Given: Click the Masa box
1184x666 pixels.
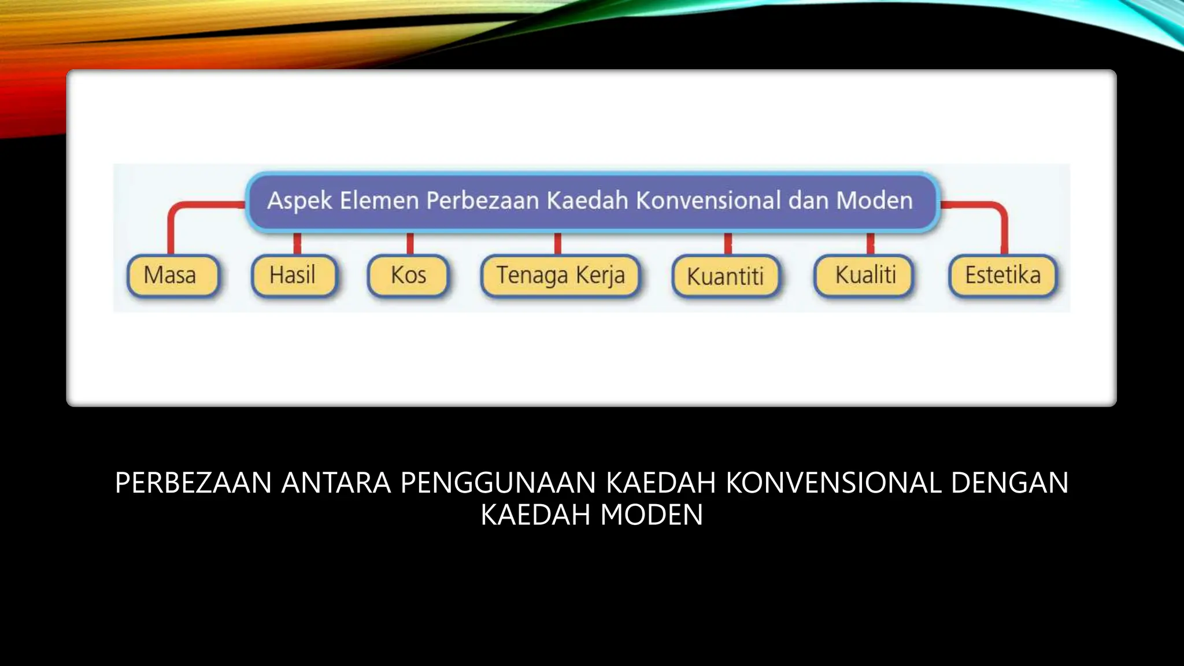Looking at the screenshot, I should click(x=172, y=276).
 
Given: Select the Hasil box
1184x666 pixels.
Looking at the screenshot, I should click(x=294, y=276).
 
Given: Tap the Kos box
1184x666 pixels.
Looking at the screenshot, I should click(x=408, y=276).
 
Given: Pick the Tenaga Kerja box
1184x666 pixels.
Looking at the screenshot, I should click(x=560, y=276).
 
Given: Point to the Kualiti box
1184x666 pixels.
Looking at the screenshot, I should click(x=865, y=276).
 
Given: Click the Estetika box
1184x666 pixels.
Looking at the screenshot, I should click(x=1002, y=276).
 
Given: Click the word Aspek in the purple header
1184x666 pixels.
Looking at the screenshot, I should click(x=299, y=201).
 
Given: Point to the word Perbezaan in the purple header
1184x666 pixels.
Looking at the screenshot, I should click(x=483, y=201).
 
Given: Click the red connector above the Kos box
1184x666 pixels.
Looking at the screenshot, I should click(x=410, y=243).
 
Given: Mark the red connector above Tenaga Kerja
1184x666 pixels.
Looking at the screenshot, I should click(x=557, y=243).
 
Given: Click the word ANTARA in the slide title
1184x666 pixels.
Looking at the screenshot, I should click(x=336, y=483).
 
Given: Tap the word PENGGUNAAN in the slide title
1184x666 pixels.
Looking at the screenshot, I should click(x=498, y=483).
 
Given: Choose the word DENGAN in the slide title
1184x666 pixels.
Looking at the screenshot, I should click(x=1009, y=483).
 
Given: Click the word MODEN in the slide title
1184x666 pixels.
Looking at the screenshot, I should click(x=652, y=515).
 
